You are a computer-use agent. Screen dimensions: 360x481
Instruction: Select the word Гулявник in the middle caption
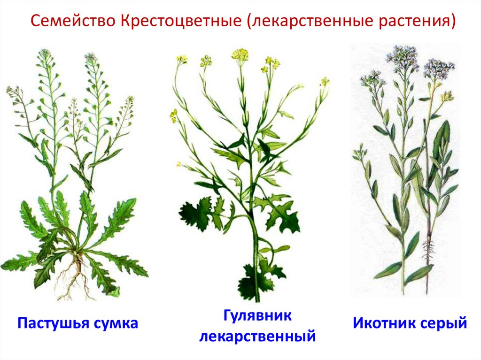pyautogui.click(x=257, y=315)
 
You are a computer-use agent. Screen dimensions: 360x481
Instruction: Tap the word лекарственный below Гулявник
pyautogui.click(x=257, y=336)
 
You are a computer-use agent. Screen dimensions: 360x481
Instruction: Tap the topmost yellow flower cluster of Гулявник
pyautogui.click(x=240, y=54)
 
